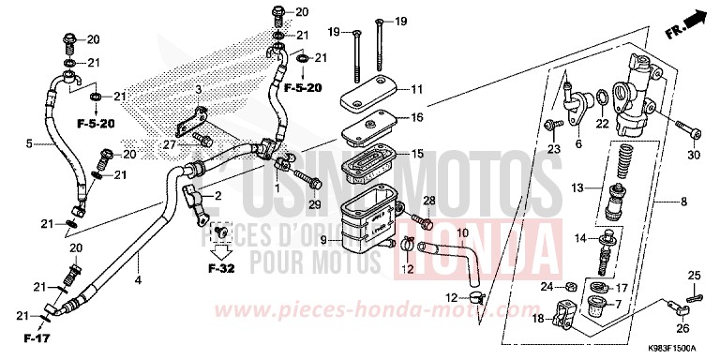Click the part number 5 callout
29,143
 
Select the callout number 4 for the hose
137,279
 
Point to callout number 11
418,89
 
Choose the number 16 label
418,118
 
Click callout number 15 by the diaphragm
418,154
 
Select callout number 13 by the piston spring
578,187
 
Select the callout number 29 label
315,204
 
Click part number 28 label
430,202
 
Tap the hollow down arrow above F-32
219,251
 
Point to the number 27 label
169,145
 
